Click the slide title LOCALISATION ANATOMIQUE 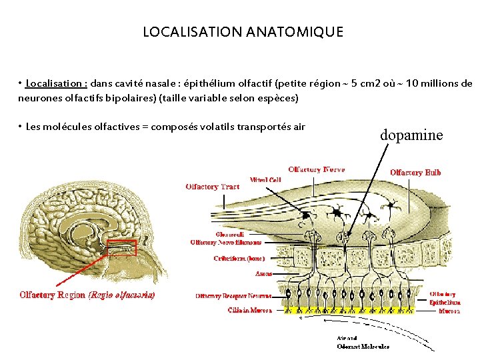[243, 32]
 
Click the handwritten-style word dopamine [411, 135]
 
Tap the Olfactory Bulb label [415, 173]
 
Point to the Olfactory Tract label [212, 187]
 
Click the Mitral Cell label [265, 179]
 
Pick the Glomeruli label [229, 235]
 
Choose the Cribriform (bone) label [239, 257]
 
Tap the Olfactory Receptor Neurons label [233, 295]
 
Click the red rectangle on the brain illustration [122, 248]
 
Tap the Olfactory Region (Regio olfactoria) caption [87, 295]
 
